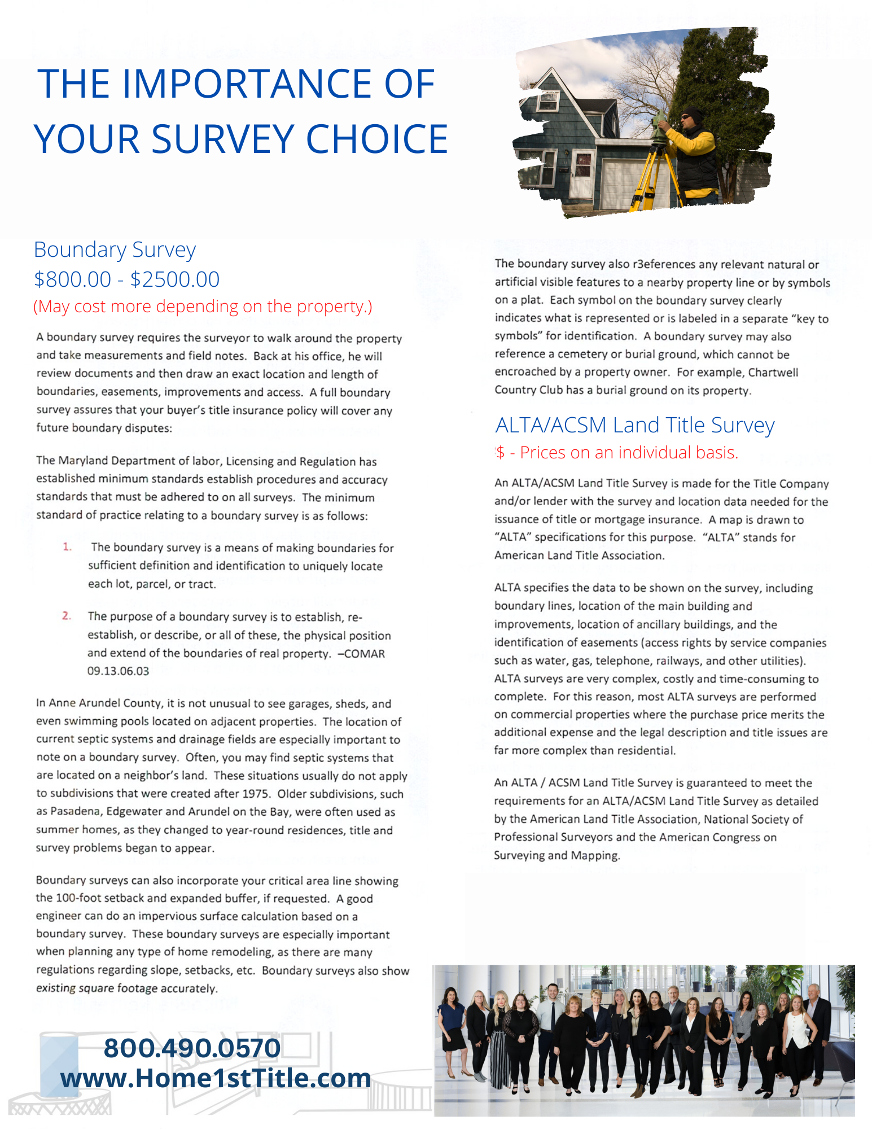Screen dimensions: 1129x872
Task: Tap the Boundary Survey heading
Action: pos(115,250)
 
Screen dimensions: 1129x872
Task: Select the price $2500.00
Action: pos(175,279)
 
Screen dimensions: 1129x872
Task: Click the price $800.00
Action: pos(72,279)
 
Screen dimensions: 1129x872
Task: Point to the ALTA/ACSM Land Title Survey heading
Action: pos(634,425)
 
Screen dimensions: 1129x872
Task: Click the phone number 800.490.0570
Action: pos(192,1048)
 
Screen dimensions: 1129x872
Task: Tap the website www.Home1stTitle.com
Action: pos(216,1078)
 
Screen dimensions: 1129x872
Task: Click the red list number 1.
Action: pos(67,547)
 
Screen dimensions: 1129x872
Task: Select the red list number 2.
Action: pos(67,616)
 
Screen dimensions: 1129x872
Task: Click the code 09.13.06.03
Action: pos(118,671)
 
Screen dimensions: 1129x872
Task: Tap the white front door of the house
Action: pos(580,175)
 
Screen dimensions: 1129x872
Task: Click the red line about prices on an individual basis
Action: pos(617,453)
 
